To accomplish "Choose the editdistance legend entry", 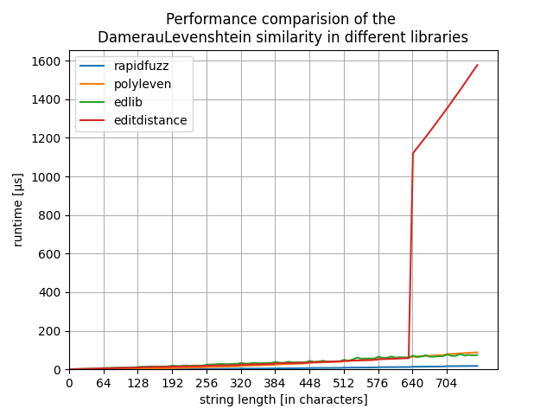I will point(150,120).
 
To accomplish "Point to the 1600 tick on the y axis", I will point(48,61).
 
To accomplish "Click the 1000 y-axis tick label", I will point(48,177).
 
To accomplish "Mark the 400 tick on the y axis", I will point(51,293).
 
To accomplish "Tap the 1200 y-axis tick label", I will point(48,138).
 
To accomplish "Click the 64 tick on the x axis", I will point(104,383).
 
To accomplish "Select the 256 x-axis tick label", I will point(207,383).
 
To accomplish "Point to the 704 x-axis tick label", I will point(447,383).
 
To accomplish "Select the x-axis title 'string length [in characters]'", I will point(283,399).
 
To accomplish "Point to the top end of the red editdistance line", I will point(477,65).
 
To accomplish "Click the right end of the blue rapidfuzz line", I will point(477,366).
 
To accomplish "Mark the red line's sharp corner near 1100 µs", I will point(413,153).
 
